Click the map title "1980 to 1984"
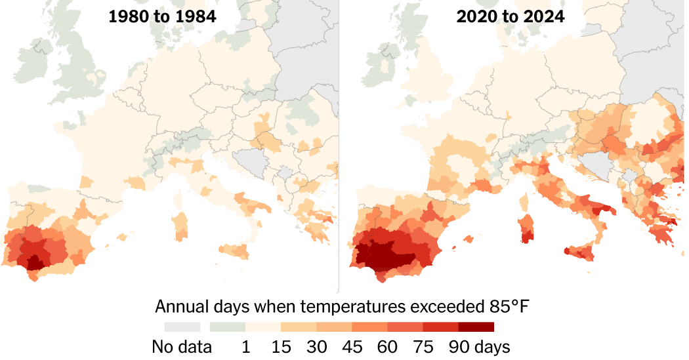162,17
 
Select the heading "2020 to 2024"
511,17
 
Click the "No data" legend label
182,346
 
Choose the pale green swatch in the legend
227,327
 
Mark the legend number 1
245,346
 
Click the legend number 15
281,346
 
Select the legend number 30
316,346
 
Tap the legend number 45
352,346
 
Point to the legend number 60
387,346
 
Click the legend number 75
423,346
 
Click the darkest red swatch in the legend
476,327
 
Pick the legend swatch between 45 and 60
369,327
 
